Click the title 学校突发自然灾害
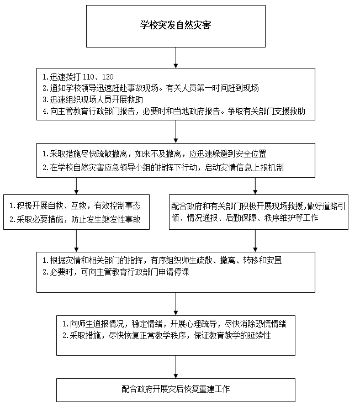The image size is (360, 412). (175, 26)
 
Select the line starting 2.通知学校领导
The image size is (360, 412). (151, 88)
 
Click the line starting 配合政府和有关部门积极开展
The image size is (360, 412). (257, 205)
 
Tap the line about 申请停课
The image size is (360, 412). (116, 272)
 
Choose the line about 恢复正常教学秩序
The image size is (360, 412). (166, 336)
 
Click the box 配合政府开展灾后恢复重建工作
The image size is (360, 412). (176, 389)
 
